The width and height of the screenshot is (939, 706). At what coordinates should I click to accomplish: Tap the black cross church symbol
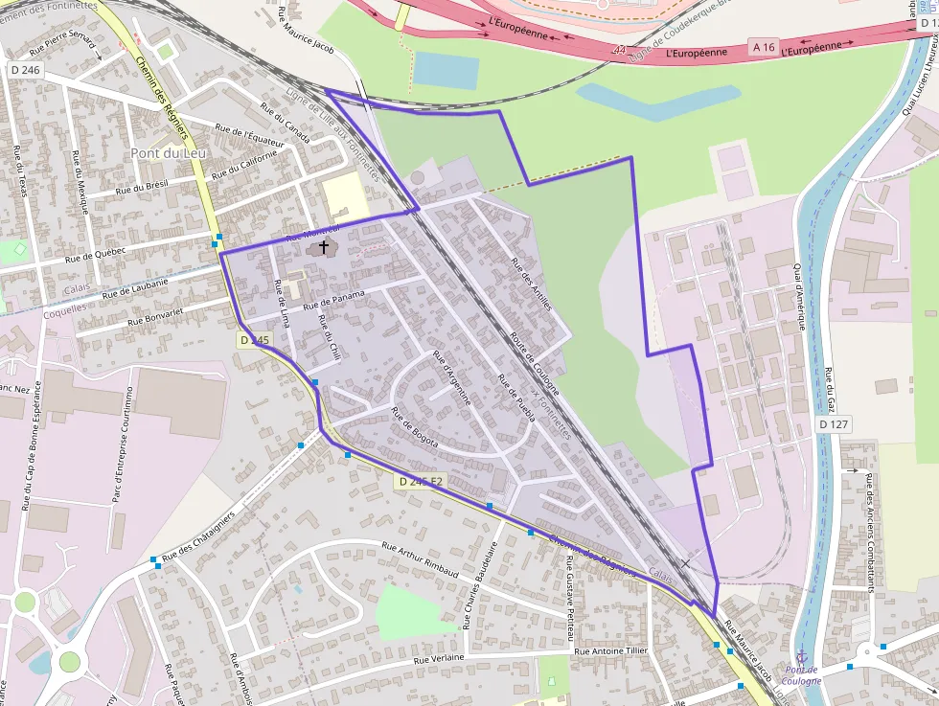coord(324,247)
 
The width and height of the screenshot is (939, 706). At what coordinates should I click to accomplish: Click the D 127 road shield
coord(835,423)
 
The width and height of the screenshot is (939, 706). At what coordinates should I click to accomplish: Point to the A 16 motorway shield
coord(763,47)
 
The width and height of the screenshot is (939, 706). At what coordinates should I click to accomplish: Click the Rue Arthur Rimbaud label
coord(420,561)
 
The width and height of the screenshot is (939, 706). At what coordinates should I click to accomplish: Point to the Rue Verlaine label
coord(439,658)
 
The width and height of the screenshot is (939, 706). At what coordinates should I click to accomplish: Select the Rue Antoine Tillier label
coord(610,651)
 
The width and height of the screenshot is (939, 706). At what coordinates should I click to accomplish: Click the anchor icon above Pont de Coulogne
coord(802,654)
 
